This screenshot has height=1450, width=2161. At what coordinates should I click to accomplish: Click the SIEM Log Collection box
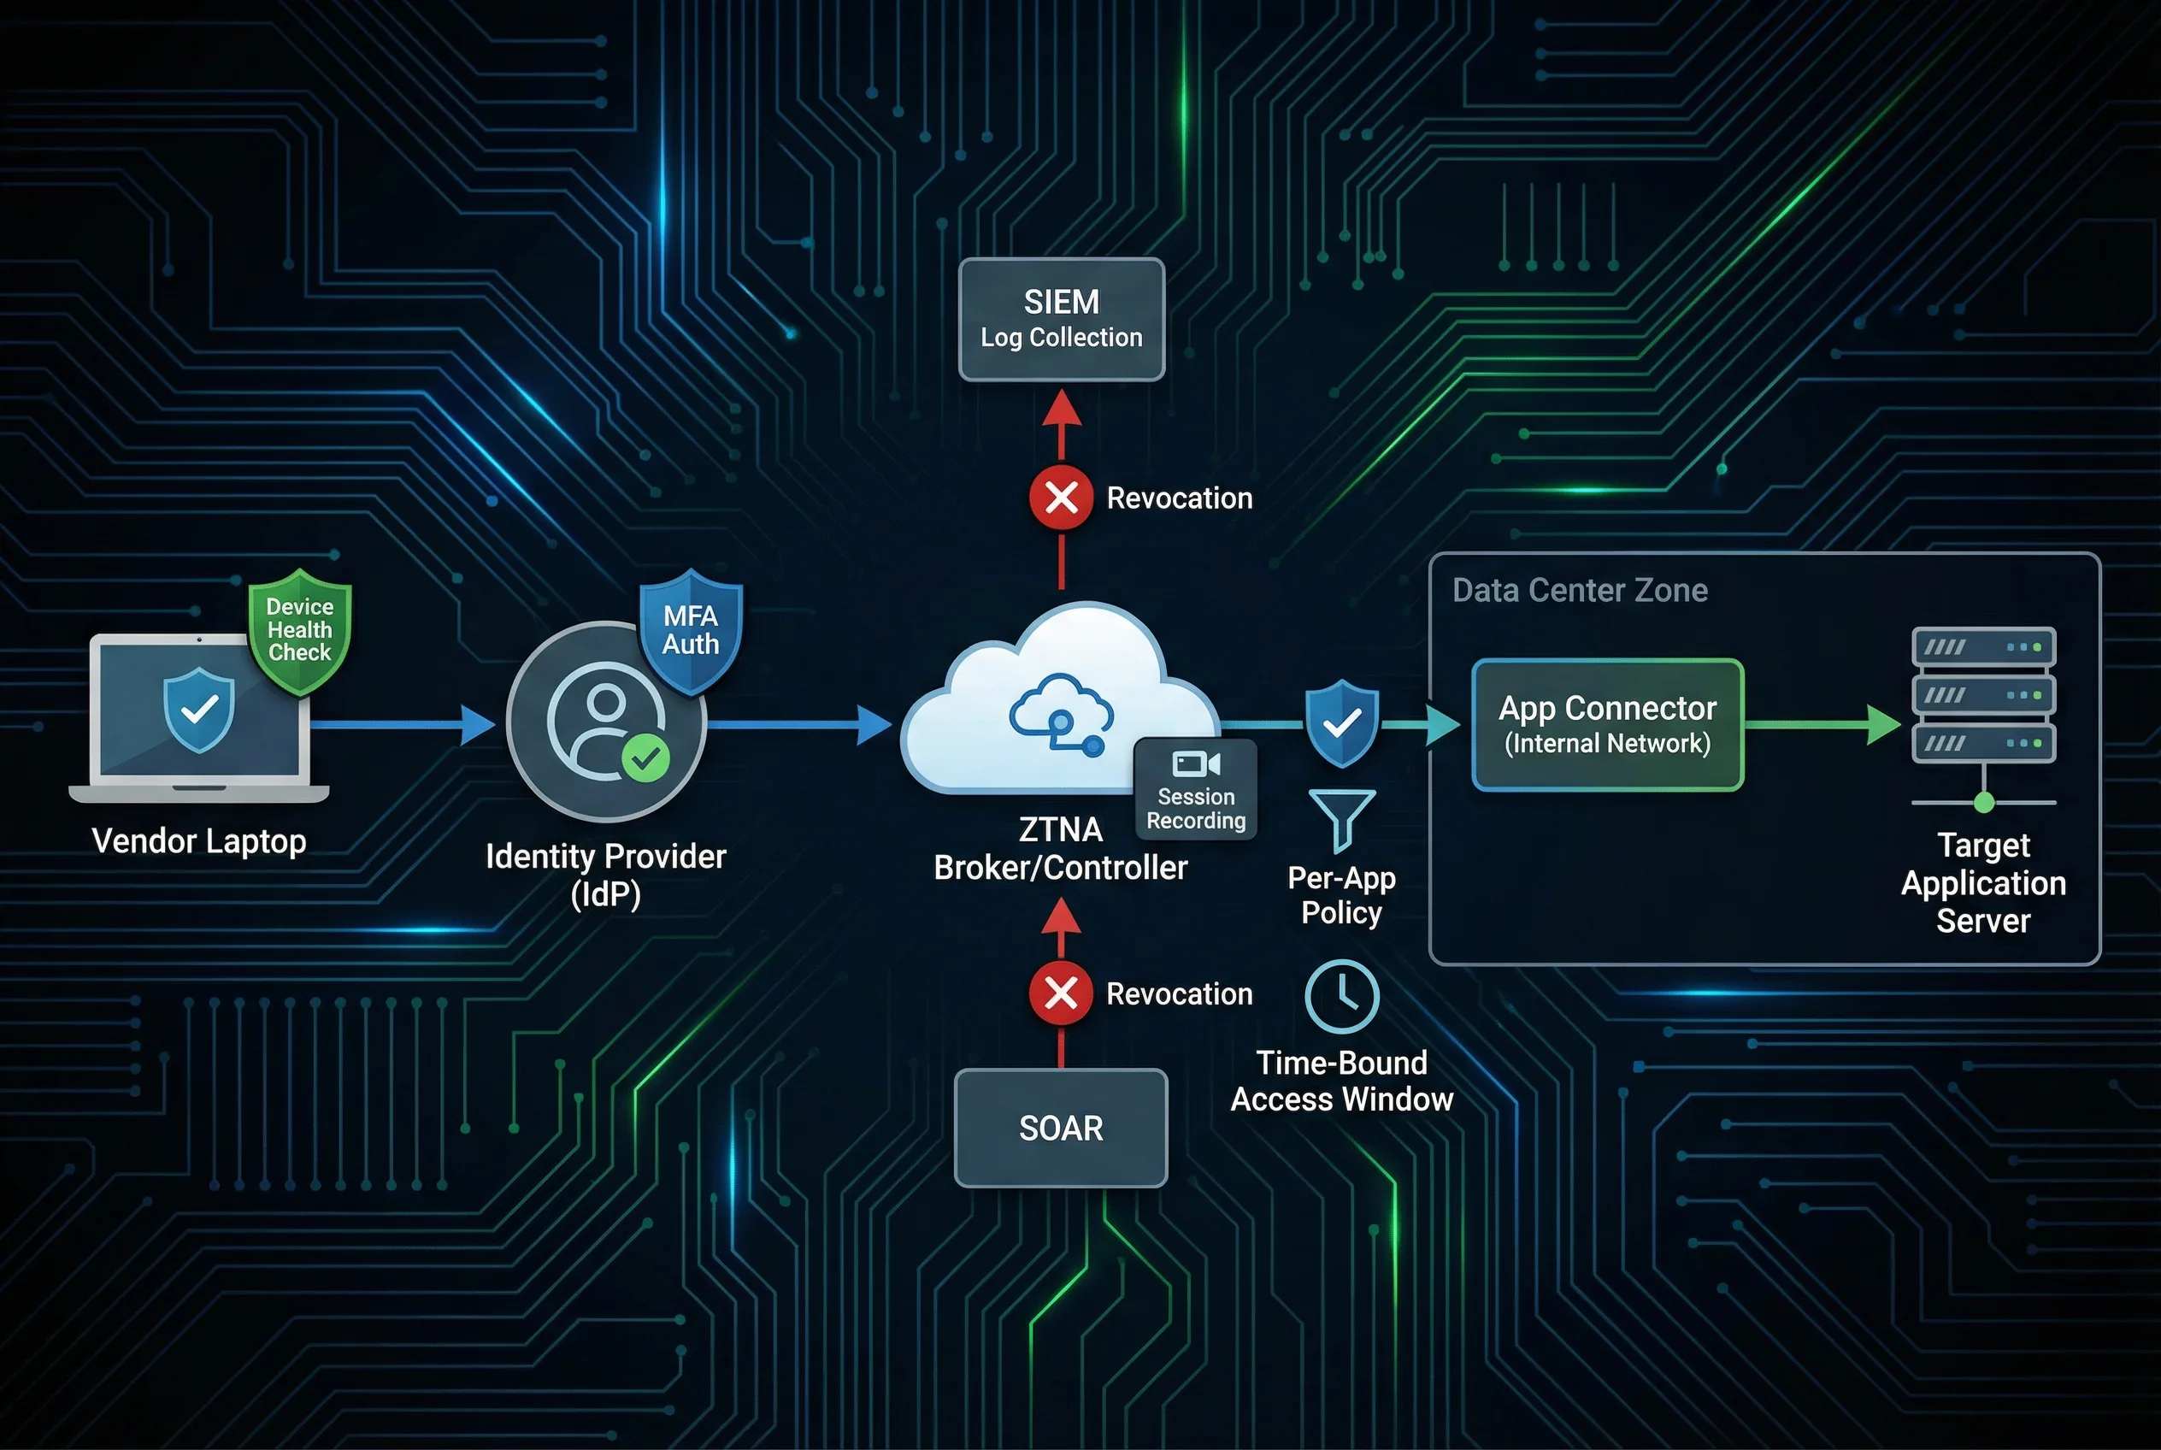[x=1061, y=319]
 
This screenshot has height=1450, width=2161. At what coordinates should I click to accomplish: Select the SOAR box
[x=1061, y=1128]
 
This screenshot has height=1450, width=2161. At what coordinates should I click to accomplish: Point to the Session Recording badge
[x=1196, y=789]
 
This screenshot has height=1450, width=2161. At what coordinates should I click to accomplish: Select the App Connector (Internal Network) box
[x=1607, y=724]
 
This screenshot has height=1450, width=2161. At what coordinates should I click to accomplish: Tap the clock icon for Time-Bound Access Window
[x=1341, y=996]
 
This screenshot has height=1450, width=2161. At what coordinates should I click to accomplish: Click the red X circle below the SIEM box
[x=1061, y=498]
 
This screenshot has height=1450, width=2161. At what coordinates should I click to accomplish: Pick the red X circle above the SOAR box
[x=1061, y=993]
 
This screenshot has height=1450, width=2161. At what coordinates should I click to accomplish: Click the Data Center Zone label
[x=1580, y=590]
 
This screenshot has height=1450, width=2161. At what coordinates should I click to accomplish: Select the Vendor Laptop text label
[x=199, y=840]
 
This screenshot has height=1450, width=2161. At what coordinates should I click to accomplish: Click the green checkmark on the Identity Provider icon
[x=645, y=758]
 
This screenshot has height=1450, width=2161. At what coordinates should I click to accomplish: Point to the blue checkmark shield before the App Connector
[x=1342, y=722]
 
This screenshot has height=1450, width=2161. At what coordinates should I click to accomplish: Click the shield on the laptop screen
[x=199, y=710]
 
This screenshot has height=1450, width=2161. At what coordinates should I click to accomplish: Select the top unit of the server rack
[x=1983, y=646]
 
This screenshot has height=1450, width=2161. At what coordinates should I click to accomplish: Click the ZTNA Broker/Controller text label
[x=1060, y=849]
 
